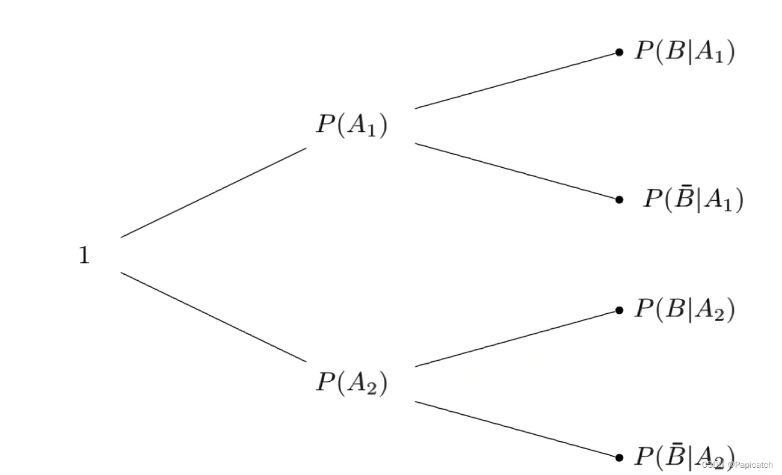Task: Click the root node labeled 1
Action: (x=84, y=256)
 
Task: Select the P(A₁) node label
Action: (x=352, y=125)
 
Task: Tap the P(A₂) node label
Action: (x=352, y=382)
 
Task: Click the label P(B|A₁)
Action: (x=684, y=52)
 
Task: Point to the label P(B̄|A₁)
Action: (x=693, y=199)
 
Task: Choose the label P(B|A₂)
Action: (x=684, y=310)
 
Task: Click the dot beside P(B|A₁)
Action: (x=619, y=52)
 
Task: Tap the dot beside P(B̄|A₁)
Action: (x=619, y=199)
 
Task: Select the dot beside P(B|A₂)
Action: (x=619, y=310)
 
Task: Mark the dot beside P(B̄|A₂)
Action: (x=619, y=457)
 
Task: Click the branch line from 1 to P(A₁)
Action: (x=214, y=192)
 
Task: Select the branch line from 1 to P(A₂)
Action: (x=214, y=317)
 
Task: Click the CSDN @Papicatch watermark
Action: (x=737, y=465)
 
